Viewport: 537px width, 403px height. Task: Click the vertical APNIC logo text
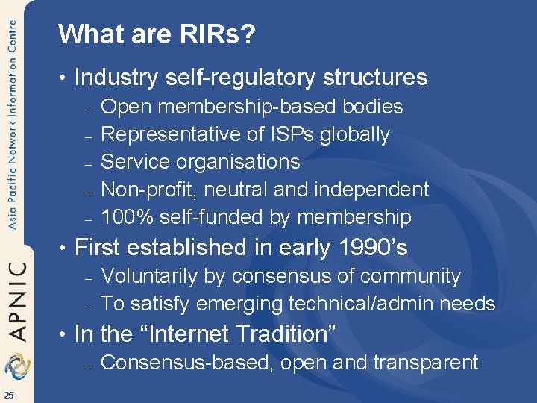click(x=17, y=300)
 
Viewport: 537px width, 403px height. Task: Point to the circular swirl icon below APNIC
click(x=16, y=366)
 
